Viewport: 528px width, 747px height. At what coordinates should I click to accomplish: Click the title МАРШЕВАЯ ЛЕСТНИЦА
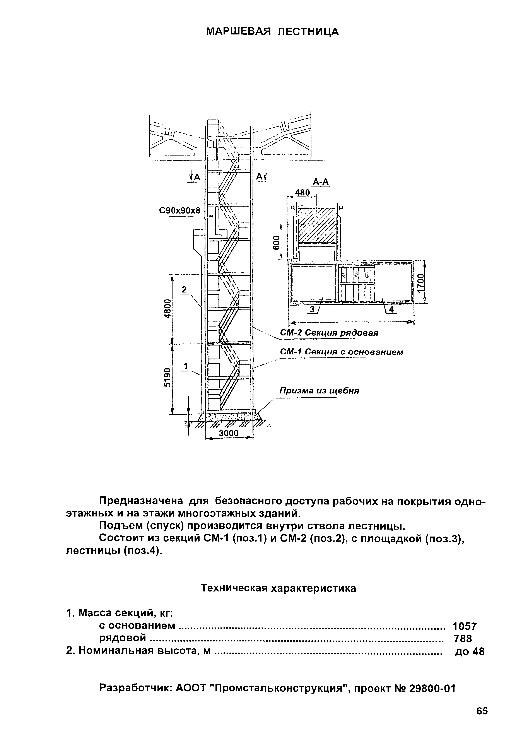[x=273, y=32]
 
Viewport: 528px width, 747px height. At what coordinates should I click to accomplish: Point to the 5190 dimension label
[x=167, y=377]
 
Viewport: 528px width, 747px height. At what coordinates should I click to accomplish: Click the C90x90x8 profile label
[x=179, y=211]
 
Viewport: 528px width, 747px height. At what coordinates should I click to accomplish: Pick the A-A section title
[x=321, y=182]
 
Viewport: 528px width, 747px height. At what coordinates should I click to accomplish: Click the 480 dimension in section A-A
[x=302, y=193]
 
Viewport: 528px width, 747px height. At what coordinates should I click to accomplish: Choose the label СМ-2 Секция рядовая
[x=329, y=333]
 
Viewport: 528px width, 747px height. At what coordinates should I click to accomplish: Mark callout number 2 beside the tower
[x=185, y=289]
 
